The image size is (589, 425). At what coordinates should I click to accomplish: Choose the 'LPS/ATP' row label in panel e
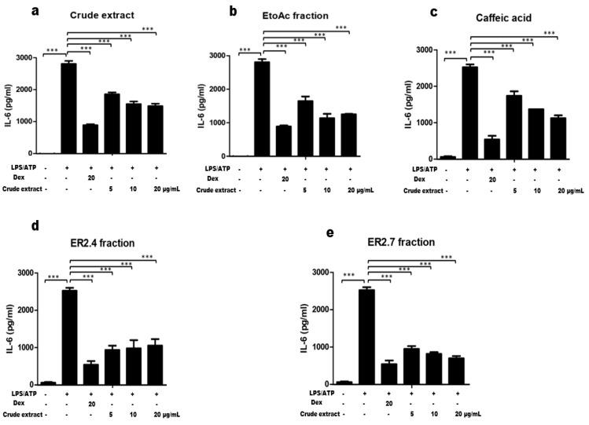pos(313,390)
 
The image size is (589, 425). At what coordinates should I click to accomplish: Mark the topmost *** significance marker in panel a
pos(147,29)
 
